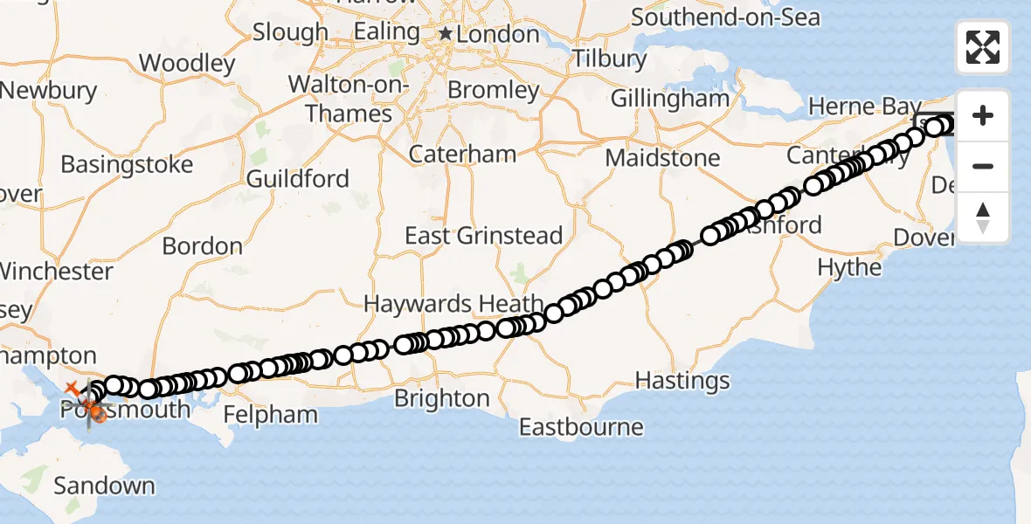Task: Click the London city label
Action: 499,34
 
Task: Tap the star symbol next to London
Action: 446,33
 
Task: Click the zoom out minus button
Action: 983,166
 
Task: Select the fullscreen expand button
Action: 983,47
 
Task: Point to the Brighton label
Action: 442,398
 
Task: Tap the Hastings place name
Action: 682,381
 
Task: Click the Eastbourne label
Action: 581,427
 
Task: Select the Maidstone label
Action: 662,158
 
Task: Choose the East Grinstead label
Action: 483,236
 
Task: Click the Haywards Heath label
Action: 453,304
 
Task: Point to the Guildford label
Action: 298,179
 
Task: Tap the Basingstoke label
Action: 127,164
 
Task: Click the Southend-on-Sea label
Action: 725,17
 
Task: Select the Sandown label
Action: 104,486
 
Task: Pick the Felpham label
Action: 270,414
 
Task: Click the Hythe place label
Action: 849,267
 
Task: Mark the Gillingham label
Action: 669,99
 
